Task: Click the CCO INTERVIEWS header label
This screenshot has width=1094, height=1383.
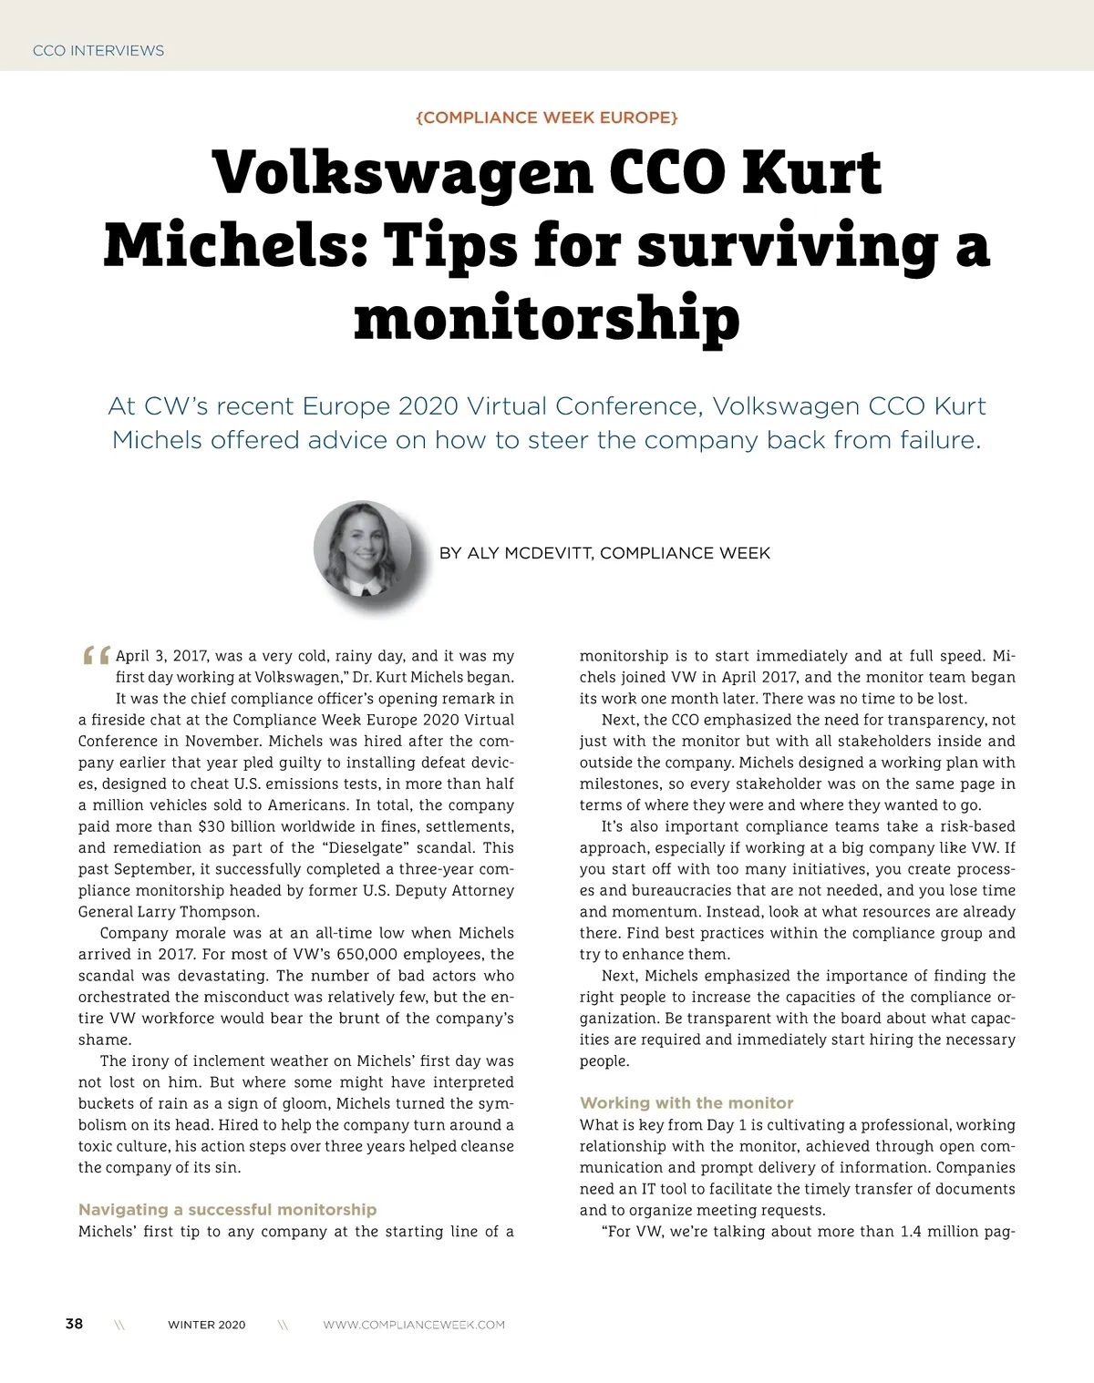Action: pyautogui.click(x=98, y=51)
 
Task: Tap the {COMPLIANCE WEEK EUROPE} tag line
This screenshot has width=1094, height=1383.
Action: pyautogui.click(x=546, y=118)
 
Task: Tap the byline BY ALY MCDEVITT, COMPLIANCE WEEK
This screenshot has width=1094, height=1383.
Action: pyautogui.click(x=604, y=553)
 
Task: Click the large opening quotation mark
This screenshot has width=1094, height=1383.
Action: pyautogui.click(x=96, y=656)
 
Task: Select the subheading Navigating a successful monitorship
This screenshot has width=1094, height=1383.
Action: pyautogui.click(x=227, y=1210)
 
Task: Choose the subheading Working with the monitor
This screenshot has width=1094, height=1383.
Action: pyautogui.click(x=686, y=1102)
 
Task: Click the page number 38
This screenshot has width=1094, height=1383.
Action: pyautogui.click(x=74, y=1324)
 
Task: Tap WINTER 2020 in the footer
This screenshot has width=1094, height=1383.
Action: pyautogui.click(x=206, y=1325)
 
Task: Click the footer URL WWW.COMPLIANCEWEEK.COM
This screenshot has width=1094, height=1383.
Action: pyautogui.click(x=414, y=1325)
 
